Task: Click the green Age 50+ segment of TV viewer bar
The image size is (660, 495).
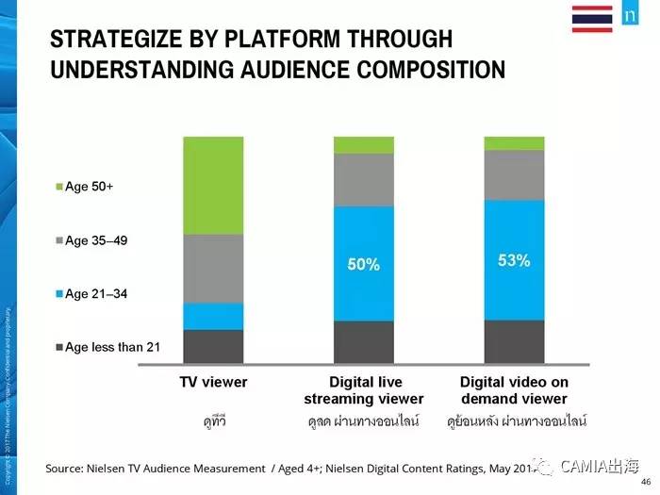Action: click(213, 185)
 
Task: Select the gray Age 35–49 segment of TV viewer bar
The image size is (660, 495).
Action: click(213, 268)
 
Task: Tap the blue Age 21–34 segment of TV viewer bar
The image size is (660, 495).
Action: click(213, 316)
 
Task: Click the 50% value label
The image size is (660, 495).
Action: click(364, 265)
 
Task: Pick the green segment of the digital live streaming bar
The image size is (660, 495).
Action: click(364, 145)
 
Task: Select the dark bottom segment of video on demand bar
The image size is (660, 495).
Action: click(514, 342)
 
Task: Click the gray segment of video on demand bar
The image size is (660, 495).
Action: click(514, 174)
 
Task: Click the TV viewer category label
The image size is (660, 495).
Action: click(213, 383)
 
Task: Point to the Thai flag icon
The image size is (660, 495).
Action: click(592, 18)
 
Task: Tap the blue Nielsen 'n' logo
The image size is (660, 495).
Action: click(629, 18)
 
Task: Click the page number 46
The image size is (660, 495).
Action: click(644, 479)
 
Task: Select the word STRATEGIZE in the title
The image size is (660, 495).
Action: click(113, 40)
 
